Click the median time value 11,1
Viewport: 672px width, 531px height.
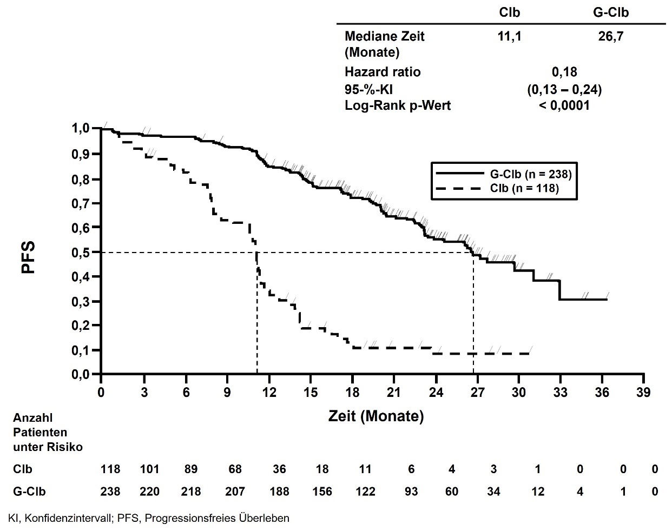510,37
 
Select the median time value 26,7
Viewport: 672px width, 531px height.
610,37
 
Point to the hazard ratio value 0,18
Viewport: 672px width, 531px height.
564,72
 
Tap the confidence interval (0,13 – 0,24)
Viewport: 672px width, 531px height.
564,89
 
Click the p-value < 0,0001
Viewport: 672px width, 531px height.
564,106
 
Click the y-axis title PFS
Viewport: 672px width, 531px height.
28,257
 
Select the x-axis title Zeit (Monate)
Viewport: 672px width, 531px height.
376,416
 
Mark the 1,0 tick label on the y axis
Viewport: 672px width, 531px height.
81,129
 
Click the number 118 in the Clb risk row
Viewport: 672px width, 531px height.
110,469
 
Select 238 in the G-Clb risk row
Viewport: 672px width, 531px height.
110,492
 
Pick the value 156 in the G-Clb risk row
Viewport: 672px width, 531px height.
322,492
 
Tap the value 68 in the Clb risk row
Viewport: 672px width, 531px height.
235,469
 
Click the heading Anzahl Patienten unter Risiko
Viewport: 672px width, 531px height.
48,433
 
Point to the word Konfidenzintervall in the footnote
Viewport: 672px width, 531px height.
71,518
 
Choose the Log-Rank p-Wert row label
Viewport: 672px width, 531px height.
397,106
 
